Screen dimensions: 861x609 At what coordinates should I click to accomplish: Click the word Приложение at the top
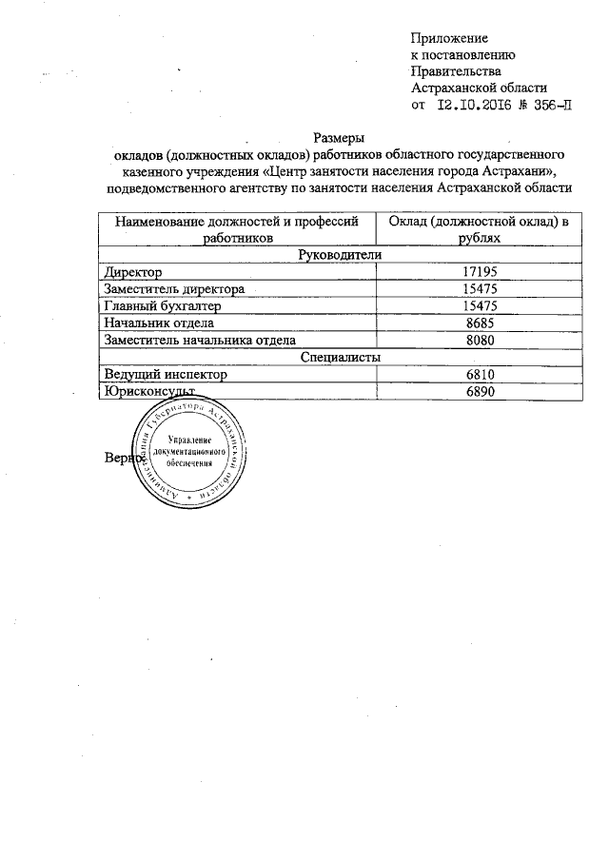click(449, 38)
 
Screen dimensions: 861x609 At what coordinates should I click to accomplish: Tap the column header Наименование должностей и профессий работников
click(237, 229)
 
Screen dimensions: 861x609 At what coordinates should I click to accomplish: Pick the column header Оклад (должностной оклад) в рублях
click(474, 229)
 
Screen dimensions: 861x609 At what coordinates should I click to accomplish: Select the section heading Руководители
click(340, 255)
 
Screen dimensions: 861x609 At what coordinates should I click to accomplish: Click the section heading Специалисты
click(340, 357)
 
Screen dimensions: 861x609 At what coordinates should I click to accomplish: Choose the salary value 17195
click(474, 272)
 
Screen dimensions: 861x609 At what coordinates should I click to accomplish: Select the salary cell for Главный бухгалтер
click(474, 306)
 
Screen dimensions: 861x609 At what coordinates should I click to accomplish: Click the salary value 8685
click(474, 323)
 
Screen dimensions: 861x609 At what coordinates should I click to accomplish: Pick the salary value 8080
click(474, 340)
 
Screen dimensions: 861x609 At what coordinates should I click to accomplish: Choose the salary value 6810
click(474, 375)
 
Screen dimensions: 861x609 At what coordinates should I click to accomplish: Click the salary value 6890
click(474, 392)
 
